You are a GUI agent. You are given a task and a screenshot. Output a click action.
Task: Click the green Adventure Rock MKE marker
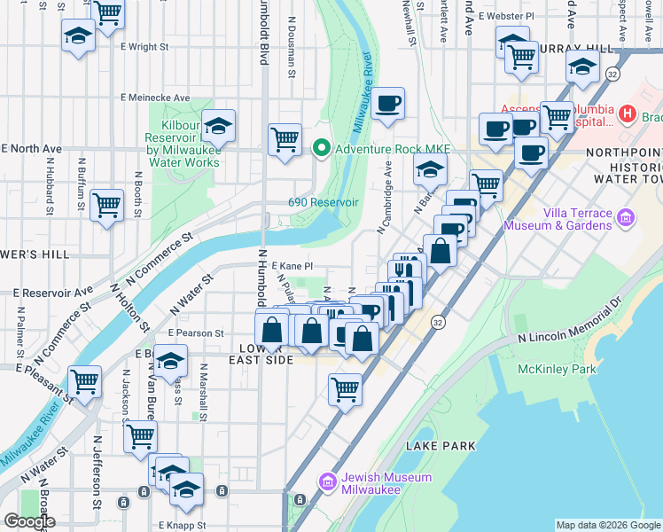click(321, 147)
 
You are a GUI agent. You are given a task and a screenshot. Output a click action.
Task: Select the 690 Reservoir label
click(323, 202)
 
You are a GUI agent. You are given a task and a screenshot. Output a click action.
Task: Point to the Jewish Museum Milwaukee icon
click(326, 482)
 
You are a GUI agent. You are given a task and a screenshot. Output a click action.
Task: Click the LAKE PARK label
click(441, 446)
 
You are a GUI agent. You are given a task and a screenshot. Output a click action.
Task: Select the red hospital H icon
click(628, 113)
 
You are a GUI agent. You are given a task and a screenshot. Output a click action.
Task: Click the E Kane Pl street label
click(292, 266)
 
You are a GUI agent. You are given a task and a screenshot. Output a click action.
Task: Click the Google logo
click(29, 521)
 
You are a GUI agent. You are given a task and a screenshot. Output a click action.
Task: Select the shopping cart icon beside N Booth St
click(106, 205)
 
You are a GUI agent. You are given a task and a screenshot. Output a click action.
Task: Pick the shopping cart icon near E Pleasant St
click(84, 382)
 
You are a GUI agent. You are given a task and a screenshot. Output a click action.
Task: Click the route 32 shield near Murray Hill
click(612, 75)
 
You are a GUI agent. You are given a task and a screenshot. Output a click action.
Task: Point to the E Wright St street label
click(144, 45)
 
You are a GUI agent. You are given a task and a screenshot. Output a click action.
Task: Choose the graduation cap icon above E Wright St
click(78, 36)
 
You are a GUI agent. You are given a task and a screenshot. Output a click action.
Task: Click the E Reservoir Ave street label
click(53, 291)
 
